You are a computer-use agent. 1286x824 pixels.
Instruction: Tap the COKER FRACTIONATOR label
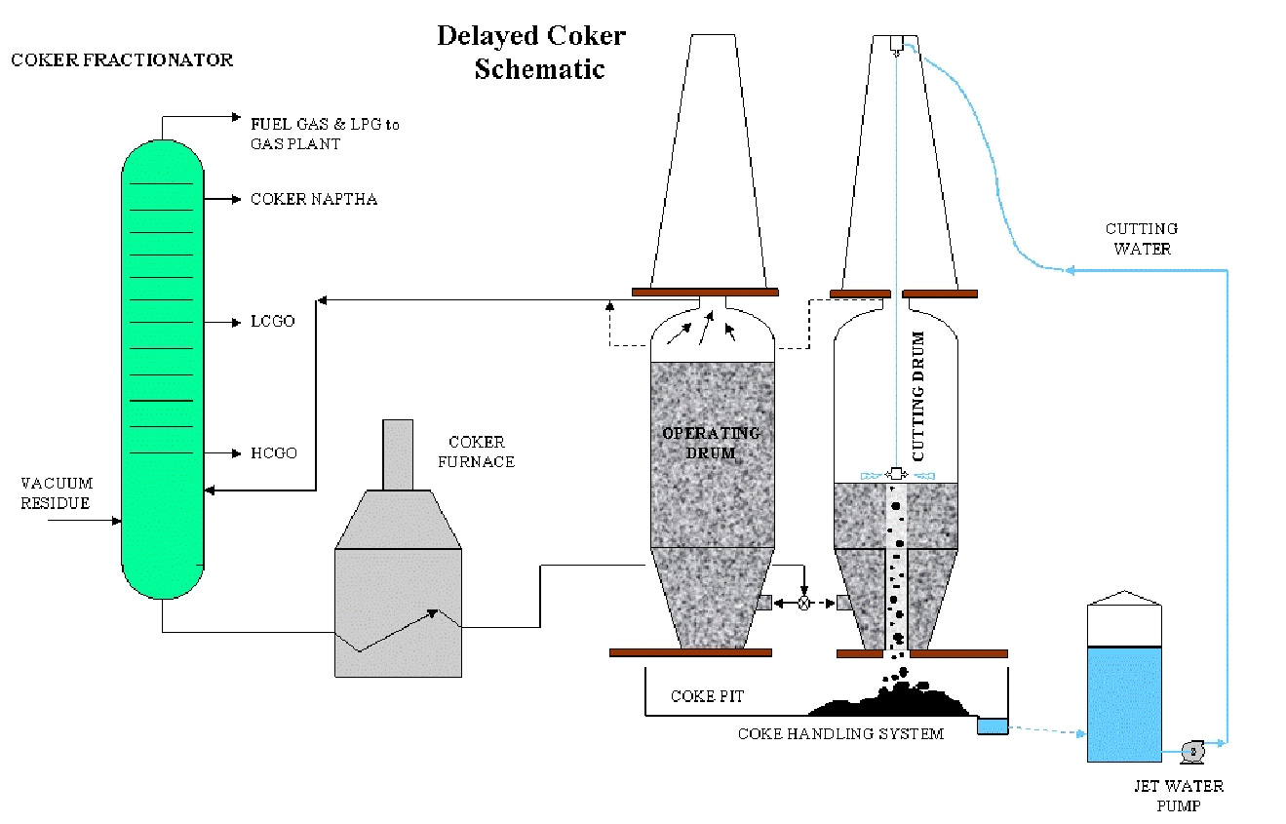pos(122,59)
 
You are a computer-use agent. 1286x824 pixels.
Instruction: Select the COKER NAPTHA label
pos(314,199)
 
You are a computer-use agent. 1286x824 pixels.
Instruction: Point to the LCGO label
pos(272,322)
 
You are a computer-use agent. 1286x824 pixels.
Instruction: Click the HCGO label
pos(274,453)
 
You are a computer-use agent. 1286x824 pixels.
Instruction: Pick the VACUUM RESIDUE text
pos(57,493)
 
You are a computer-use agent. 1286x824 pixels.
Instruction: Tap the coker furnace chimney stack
pos(397,454)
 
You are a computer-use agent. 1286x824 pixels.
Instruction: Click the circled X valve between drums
pos(804,604)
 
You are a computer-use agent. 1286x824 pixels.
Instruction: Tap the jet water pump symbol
pos(1191,751)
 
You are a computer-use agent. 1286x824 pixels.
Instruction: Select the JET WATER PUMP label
pos(1177,796)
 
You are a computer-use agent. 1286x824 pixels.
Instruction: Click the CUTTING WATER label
pos(1141,238)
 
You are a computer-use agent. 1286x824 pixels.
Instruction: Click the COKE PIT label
pos(706,696)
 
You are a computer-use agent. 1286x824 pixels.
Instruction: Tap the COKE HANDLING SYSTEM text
pos(839,733)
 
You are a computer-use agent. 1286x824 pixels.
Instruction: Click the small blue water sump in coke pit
pos(993,726)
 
